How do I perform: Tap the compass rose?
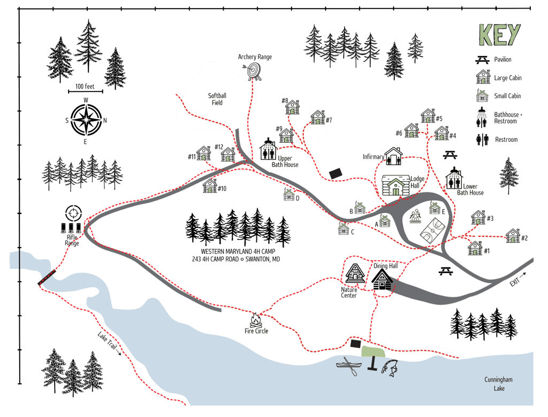click(86, 120)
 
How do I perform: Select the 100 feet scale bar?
click(86, 91)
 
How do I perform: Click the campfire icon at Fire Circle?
click(256, 320)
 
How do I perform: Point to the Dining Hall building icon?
click(382, 280)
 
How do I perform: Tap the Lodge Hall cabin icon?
click(396, 186)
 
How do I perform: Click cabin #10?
click(210, 186)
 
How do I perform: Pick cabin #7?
click(318, 118)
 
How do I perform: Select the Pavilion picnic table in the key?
click(483, 60)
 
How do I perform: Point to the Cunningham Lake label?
click(498, 384)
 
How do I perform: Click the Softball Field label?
click(217, 99)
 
